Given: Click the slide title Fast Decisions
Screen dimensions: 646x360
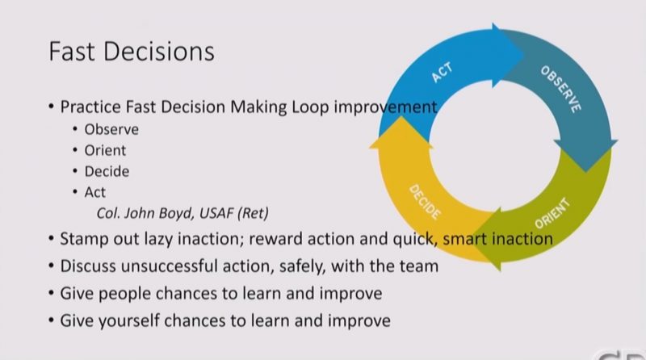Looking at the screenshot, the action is (x=132, y=52).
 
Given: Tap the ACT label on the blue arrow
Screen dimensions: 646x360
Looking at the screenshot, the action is (x=442, y=73).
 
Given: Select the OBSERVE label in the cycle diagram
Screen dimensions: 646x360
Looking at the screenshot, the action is (x=561, y=89).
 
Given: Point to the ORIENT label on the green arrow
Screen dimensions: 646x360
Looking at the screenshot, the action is (x=552, y=213).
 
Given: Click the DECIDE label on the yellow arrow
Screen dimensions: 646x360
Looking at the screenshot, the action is (x=425, y=202).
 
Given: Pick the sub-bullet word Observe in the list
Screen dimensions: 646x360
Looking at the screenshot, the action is (x=111, y=129).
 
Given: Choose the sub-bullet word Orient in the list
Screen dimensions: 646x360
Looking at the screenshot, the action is (x=105, y=150).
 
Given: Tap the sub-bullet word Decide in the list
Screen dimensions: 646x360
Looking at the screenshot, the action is (x=107, y=171).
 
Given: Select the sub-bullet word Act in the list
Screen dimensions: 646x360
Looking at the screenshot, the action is (x=95, y=192).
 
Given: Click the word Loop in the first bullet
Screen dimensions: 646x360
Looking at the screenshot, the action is (x=310, y=107).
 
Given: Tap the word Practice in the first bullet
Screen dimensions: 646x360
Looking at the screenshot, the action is (x=90, y=107).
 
